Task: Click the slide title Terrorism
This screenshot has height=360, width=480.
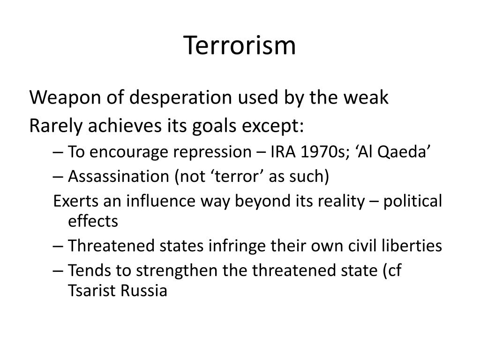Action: click(x=240, y=45)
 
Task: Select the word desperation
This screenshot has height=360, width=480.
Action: click(x=180, y=98)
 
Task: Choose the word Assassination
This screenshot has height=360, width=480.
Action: click(x=119, y=176)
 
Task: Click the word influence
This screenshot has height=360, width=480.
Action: click(x=161, y=201)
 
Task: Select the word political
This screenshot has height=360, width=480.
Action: click(x=412, y=202)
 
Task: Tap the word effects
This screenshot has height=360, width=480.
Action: click(x=93, y=221)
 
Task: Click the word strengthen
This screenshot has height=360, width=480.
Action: click(x=177, y=270)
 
